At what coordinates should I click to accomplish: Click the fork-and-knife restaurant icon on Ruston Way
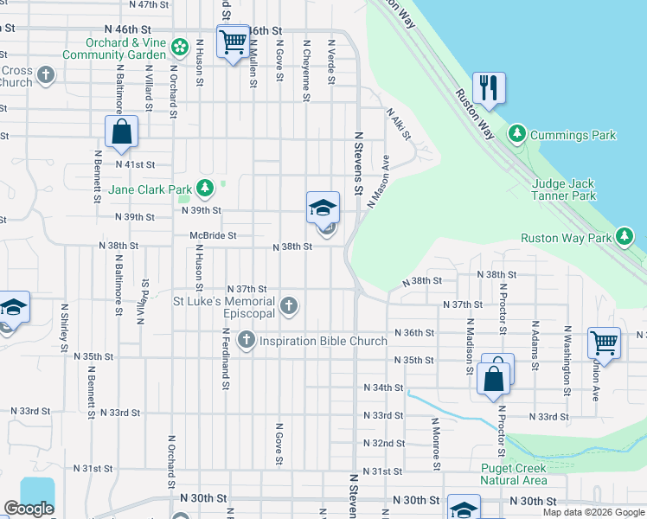point(489,87)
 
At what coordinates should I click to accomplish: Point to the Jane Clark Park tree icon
point(205,188)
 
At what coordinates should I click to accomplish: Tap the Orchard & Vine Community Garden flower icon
point(180,46)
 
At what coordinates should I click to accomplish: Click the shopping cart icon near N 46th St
point(233,41)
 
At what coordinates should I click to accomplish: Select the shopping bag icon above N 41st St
point(122,132)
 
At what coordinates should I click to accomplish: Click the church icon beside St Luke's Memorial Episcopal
point(289,305)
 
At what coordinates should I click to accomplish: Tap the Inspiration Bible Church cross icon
point(247,340)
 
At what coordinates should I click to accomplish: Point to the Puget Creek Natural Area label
point(513,474)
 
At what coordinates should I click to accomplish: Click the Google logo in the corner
point(29,509)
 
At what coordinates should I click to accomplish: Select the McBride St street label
point(213,235)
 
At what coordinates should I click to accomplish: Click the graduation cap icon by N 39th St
point(323,208)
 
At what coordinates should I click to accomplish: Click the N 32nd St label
point(384,443)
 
